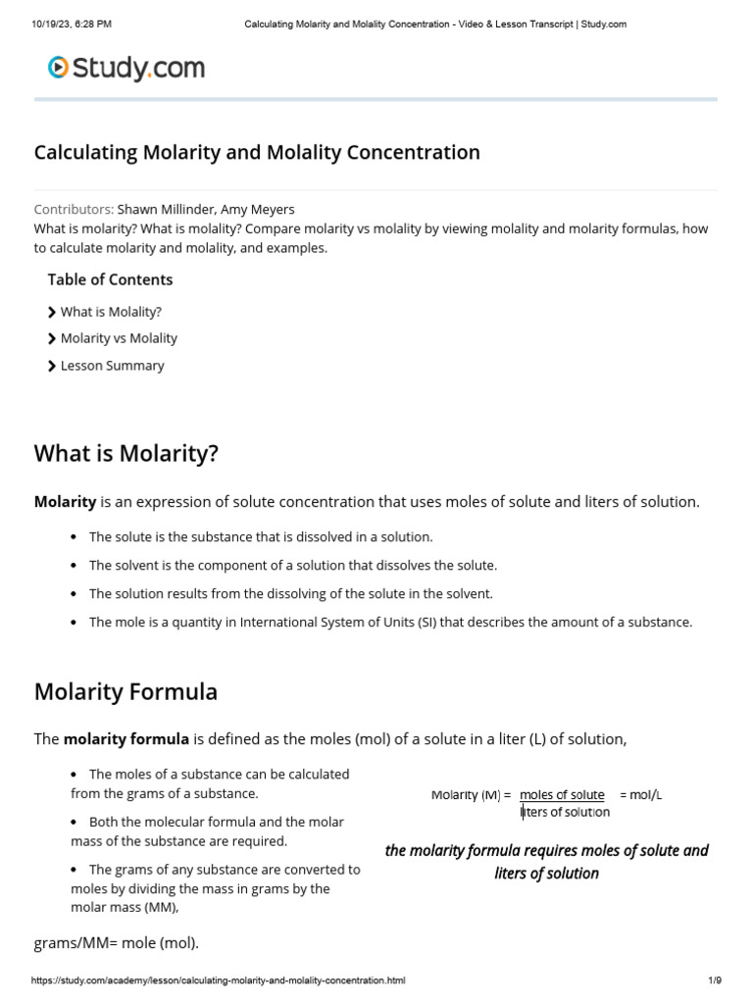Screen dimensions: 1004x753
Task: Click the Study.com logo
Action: (126, 68)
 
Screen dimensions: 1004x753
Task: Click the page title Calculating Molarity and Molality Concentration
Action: (257, 153)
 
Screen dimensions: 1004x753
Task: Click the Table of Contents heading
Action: (110, 279)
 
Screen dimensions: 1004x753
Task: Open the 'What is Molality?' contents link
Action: (111, 312)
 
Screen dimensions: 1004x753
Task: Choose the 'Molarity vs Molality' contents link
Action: (119, 338)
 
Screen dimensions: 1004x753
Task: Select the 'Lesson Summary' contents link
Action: (112, 366)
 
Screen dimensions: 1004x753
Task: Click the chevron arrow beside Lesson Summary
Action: (52, 366)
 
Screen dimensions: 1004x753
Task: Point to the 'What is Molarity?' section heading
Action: (126, 454)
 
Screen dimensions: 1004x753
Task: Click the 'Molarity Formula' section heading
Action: (125, 692)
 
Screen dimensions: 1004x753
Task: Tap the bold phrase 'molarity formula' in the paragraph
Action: (125, 739)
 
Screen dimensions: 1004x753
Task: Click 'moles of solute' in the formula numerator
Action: (562, 795)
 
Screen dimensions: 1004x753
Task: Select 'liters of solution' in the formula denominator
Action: (565, 812)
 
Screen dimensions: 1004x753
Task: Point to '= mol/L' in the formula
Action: (641, 795)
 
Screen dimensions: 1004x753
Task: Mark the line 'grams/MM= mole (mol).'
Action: (116, 943)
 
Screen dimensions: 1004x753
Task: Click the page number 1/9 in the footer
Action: (714, 980)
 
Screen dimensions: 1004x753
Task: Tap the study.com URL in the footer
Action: (218, 980)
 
